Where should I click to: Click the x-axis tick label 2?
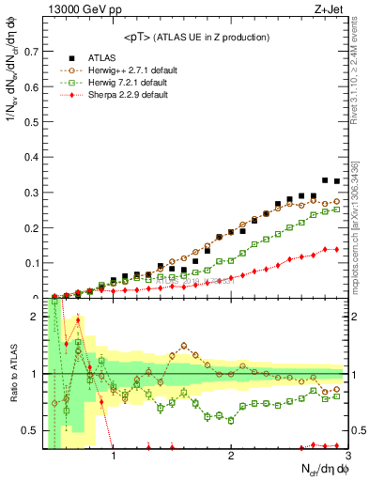coord(231,458)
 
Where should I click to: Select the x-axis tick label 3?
coord(346,458)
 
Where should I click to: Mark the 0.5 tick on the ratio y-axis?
coord(32,431)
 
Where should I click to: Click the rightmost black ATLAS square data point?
coord(336,181)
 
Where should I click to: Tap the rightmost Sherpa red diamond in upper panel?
coord(336,249)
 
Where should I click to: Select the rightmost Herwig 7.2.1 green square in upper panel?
coord(336,209)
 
